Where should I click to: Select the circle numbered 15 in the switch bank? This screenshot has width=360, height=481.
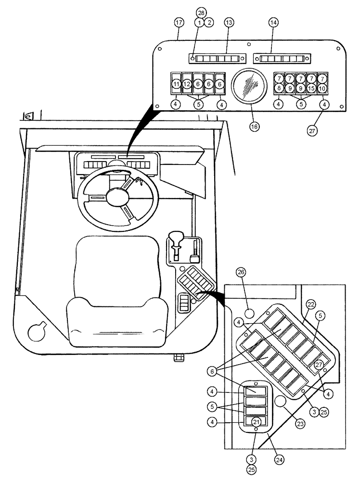click(x=311, y=89)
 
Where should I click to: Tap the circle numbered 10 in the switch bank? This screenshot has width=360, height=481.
click(x=322, y=89)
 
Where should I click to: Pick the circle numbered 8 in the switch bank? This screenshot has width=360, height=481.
click(x=279, y=89)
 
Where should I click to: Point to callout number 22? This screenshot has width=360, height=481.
click(x=311, y=304)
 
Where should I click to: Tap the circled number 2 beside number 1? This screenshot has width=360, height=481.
click(x=209, y=23)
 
